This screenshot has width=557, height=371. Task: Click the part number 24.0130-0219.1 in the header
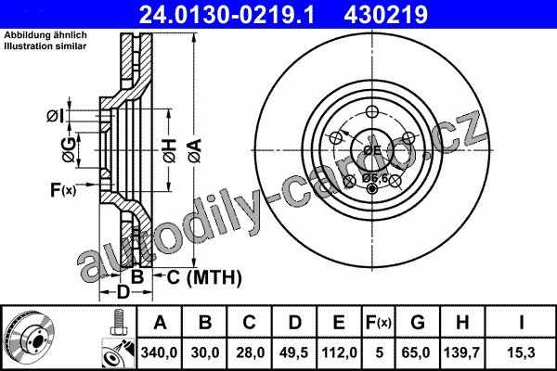pos(227,15)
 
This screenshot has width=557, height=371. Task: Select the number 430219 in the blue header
pos(386,15)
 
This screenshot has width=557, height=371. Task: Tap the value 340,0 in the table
pos(159,352)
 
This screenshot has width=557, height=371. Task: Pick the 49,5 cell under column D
pos(293,352)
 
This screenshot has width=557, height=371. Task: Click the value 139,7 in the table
pos(461,352)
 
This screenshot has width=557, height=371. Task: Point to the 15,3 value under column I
pos(521,352)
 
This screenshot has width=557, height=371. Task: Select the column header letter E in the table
pos(339,323)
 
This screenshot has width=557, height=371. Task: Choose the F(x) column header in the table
pos(379,323)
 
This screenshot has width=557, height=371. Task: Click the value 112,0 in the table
pos(339,352)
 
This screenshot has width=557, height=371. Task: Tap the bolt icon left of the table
pos(117,322)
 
